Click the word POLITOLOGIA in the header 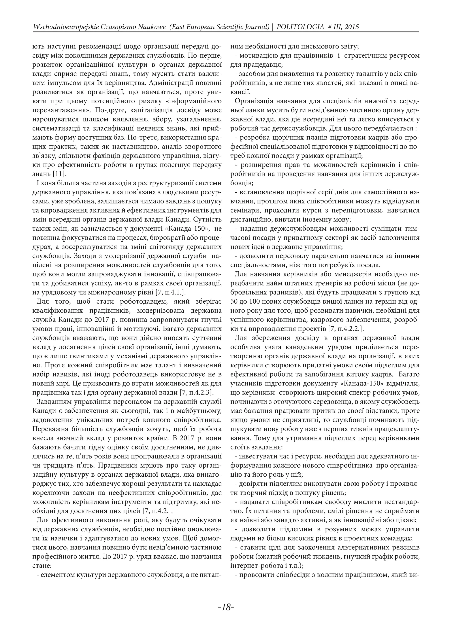point(300,27)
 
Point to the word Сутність point(209,219)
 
